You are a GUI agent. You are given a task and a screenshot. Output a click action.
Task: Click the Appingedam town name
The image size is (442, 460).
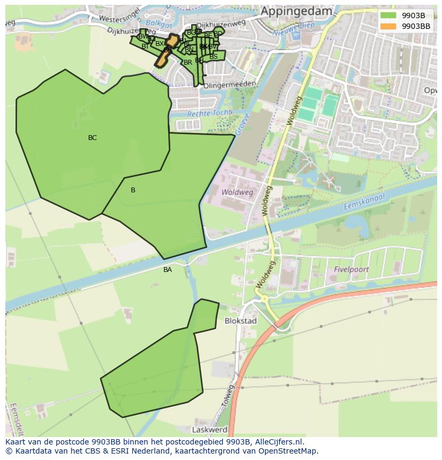(296, 11)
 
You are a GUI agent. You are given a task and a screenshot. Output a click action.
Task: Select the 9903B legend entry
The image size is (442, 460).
(413, 15)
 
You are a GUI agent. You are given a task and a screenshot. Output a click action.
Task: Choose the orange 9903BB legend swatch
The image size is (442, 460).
(388, 26)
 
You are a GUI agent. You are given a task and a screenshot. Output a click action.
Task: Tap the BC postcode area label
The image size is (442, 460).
(92, 138)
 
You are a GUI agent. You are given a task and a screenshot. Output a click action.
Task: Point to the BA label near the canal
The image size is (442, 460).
(168, 270)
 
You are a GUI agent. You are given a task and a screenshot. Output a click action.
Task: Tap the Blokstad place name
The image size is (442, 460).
(241, 321)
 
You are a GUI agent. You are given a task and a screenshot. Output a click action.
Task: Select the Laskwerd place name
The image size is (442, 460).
(209, 430)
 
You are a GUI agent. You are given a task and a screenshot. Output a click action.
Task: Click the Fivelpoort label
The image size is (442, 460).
(351, 270)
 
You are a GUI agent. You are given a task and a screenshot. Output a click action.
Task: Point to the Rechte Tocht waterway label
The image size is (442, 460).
(209, 113)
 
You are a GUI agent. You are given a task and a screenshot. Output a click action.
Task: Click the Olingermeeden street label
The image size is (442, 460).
(230, 84)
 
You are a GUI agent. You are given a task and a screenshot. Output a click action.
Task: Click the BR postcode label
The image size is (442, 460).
(187, 63)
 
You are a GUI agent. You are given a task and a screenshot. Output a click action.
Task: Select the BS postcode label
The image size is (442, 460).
(214, 57)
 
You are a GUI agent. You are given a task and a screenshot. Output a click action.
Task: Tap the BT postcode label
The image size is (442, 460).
(145, 46)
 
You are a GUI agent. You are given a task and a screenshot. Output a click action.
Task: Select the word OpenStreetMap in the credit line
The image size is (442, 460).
(288, 451)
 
